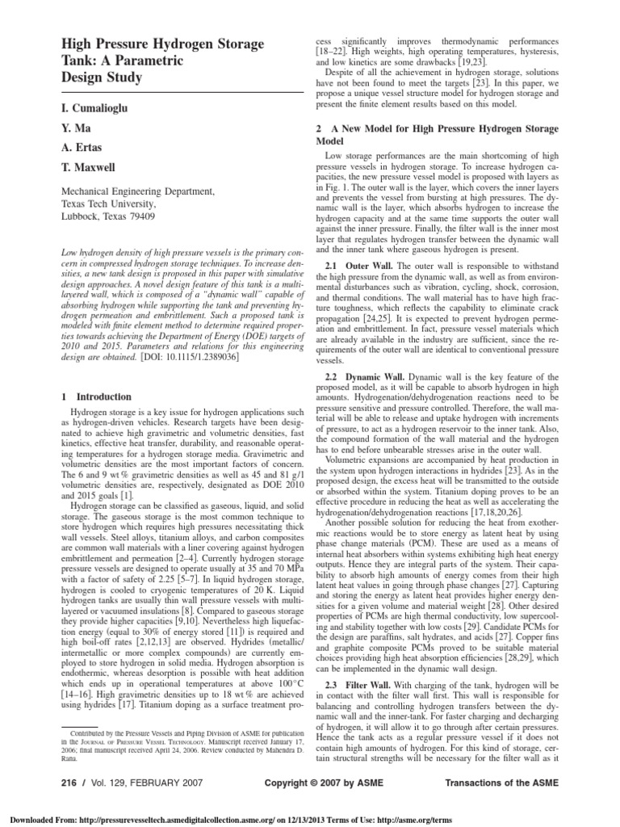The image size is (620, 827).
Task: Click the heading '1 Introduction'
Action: pyautogui.click(x=96, y=397)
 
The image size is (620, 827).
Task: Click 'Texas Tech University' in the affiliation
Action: pyautogui.click(x=113, y=204)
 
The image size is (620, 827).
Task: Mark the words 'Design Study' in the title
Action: pyautogui.click(x=102, y=78)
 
